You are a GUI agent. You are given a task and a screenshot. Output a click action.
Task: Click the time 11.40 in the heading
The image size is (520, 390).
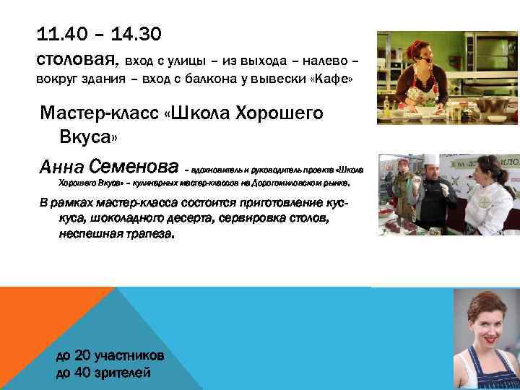[x=60, y=33]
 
